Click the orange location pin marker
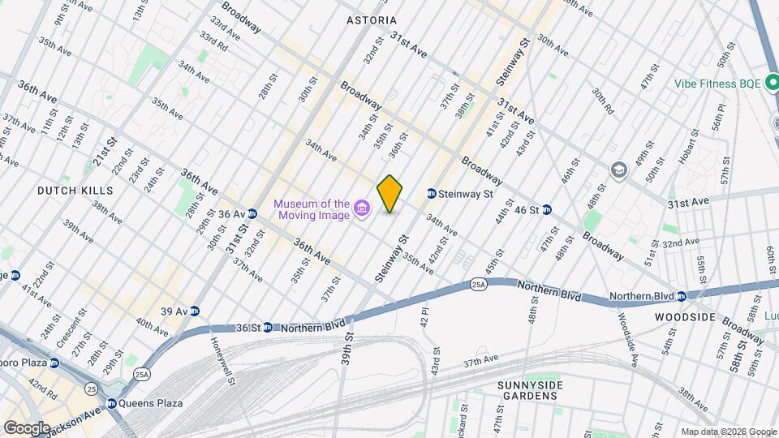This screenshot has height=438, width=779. point(389,193)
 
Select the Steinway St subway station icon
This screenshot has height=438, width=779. point(431,194)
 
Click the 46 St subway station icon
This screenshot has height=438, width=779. point(547,209)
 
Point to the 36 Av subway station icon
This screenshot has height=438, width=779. point(252,214)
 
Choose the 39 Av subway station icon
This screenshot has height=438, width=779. point(195,311)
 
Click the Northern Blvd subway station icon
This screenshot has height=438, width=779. point(682,296)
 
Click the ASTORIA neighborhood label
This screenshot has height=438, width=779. point(372,19)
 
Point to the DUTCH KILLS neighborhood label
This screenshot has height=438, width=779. point(75,190)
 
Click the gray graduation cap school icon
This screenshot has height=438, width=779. point(619,170)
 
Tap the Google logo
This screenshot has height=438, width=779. point(26,427)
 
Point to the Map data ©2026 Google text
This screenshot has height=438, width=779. point(727,432)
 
